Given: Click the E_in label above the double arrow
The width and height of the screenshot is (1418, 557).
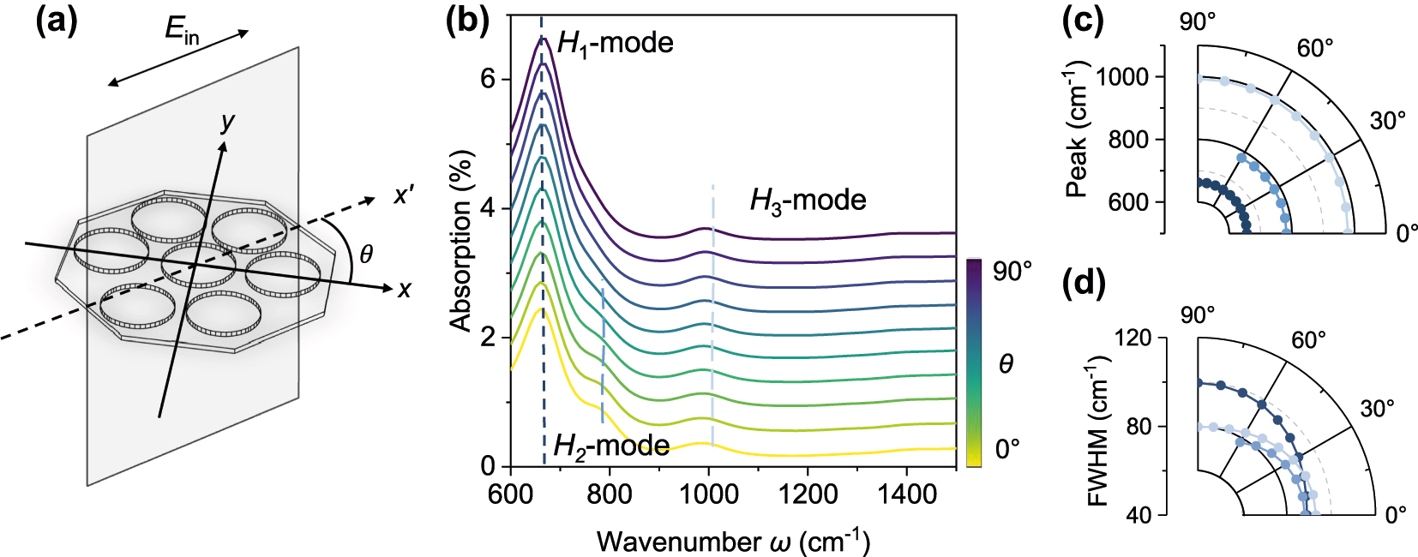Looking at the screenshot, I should click(182, 31).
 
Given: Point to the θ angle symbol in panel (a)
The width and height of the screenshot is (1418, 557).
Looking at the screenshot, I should click(366, 254).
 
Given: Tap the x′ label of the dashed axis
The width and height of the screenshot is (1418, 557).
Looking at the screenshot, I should click(404, 195).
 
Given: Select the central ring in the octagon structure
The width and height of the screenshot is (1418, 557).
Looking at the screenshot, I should click(199, 260).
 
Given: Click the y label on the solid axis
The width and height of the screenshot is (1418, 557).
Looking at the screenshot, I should click(227, 123).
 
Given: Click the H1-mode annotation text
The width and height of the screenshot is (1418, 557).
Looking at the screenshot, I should click(615, 43).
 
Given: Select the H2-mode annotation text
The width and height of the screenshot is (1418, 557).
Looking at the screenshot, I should click(611, 446).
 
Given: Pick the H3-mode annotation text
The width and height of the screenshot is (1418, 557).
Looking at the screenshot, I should click(808, 201).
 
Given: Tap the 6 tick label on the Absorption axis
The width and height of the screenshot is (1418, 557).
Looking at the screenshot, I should click(488, 79).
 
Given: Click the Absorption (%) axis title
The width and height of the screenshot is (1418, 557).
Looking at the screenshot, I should click(461, 241).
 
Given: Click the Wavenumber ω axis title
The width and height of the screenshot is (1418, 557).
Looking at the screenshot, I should click(733, 542).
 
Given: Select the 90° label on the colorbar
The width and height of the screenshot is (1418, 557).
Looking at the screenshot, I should click(1012, 272).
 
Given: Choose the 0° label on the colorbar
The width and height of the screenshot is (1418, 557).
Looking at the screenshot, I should click(1007, 449).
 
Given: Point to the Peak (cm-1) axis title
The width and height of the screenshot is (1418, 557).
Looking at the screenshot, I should click(1077, 129).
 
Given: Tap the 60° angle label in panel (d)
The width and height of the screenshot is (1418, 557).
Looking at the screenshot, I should click(1308, 341).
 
